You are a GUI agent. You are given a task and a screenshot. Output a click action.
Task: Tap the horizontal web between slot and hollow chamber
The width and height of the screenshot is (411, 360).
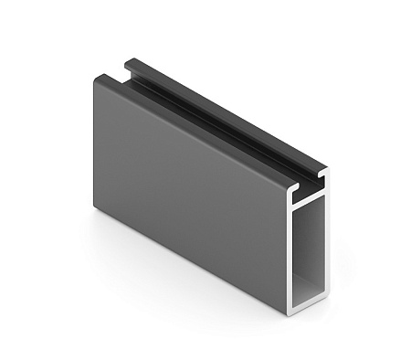(x=311, y=198)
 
